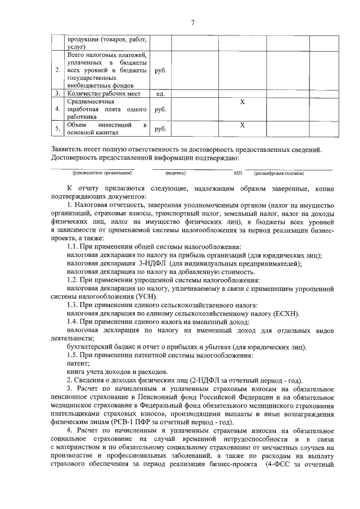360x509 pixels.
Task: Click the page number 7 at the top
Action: [x=192, y=23]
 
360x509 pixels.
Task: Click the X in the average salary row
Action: [x=242, y=102]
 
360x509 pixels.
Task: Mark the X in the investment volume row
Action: [x=242, y=124]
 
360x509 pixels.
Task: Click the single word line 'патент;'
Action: [x=78, y=363]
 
